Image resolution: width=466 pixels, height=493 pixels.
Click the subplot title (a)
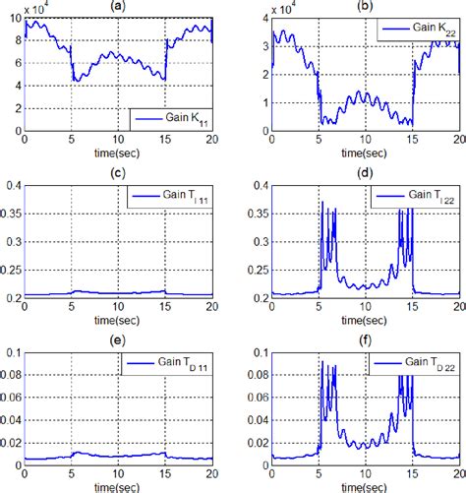(x=117, y=6)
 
